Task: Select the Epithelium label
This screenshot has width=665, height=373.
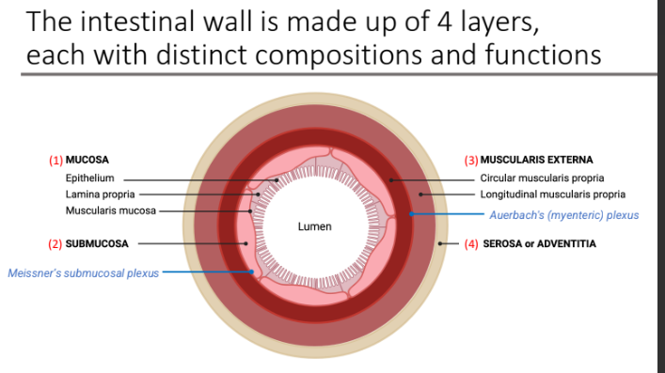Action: tap(89, 178)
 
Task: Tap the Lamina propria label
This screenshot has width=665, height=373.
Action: tap(93, 194)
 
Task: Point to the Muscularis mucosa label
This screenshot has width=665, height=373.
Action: tap(110, 210)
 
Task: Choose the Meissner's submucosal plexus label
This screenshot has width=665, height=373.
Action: tap(84, 273)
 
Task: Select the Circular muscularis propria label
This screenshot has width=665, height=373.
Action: tap(542, 178)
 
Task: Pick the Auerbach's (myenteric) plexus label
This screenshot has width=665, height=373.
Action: tap(563, 215)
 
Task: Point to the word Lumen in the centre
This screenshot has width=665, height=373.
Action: tap(314, 227)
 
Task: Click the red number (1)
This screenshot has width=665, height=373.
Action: tap(55, 160)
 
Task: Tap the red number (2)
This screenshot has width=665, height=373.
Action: tap(55, 243)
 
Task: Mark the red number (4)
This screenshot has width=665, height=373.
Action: tap(473, 243)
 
